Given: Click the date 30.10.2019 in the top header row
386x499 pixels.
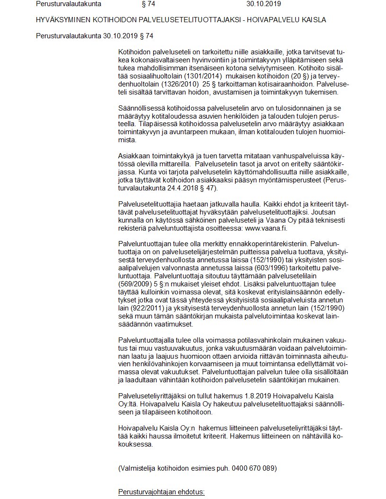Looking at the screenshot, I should pyautogui.click(x=264, y=4).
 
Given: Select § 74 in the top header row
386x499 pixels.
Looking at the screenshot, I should pyautogui.click(x=148, y=4).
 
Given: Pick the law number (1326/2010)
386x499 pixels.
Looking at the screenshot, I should pyautogui.click(x=183, y=83).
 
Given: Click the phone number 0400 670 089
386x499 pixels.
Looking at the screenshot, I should pyautogui.click(x=254, y=468).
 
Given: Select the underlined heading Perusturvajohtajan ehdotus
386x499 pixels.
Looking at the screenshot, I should pyautogui.click(x=161, y=492).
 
